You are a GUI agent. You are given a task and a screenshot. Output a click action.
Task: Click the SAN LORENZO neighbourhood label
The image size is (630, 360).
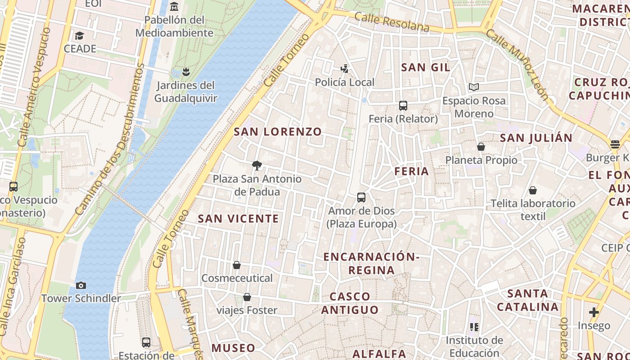(278, 132)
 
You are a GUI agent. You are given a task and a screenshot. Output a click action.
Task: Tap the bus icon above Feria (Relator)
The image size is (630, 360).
(403, 106)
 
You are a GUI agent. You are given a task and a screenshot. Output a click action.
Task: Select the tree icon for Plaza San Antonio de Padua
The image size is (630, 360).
(257, 166)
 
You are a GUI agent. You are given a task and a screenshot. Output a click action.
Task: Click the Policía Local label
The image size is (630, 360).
(344, 82)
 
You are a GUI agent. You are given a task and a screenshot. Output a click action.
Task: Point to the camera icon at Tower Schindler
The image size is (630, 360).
(81, 285)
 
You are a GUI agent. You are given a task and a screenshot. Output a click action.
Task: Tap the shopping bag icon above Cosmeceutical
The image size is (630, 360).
(237, 265)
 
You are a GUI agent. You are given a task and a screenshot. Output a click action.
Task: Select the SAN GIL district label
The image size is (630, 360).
(425, 67)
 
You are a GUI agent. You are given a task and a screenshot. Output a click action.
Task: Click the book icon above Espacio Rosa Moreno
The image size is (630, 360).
(473, 87)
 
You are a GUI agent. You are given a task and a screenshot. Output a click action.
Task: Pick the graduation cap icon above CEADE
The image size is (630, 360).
(80, 36)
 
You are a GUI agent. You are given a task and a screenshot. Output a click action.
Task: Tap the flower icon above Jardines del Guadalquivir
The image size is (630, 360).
(185, 72)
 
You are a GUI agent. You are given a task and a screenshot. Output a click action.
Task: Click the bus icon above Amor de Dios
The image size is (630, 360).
(361, 198)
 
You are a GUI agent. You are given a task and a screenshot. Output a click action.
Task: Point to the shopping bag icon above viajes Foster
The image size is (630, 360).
(247, 297)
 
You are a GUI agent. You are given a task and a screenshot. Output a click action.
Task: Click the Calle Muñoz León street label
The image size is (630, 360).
(517, 65)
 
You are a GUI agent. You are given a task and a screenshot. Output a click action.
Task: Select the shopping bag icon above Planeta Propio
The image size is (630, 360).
(481, 147)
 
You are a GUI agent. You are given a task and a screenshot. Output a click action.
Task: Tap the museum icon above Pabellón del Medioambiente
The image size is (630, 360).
(174, 7)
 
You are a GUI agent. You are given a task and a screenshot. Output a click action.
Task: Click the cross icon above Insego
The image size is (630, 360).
(594, 312)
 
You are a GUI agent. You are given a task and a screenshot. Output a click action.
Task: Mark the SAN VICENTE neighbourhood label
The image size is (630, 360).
(238, 219)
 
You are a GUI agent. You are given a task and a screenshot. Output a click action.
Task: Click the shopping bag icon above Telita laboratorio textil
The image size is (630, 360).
(533, 190)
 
